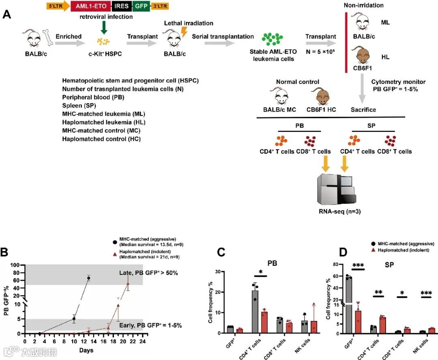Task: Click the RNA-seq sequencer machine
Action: (x=337, y=189)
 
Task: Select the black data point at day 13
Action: (x=88, y=278)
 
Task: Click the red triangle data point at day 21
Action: (x=128, y=284)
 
